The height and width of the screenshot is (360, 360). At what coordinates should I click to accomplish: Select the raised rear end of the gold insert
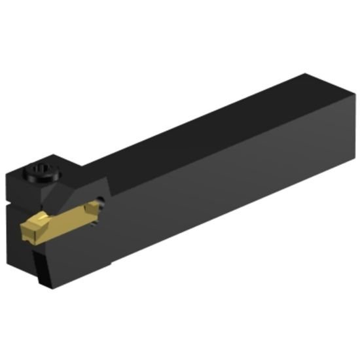(98, 209)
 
